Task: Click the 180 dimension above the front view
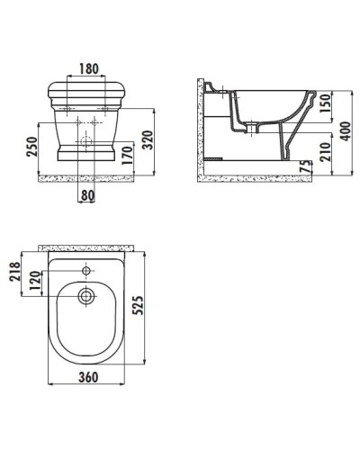tap(88, 68)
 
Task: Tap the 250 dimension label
tap(32, 146)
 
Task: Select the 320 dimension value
tap(147, 139)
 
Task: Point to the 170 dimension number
tap(127, 155)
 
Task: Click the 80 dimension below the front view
tap(88, 195)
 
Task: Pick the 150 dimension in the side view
tap(325, 103)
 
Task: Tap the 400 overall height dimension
tap(346, 130)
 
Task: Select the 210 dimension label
tap(325, 152)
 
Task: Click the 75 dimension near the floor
tap(305, 166)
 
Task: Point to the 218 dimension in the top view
tap(14, 271)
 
